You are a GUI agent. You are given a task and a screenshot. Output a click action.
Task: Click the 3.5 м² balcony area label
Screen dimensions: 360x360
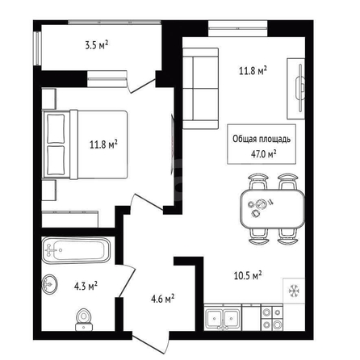(97, 45)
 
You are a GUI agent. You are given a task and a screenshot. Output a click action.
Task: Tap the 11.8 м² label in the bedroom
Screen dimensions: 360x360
(103, 144)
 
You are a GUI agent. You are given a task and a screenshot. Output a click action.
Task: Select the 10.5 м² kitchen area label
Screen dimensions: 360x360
(248, 275)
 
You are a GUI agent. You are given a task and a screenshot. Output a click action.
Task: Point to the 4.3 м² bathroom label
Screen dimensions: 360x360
(86, 286)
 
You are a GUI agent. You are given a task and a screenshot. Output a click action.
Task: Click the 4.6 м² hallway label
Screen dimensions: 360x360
(163, 299)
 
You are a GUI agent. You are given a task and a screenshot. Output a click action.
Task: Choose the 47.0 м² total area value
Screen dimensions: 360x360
(264, 154)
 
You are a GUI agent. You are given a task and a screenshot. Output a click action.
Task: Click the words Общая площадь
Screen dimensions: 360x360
(262, 139)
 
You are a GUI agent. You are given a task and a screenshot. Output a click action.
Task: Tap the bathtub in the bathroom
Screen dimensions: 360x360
(76, 250)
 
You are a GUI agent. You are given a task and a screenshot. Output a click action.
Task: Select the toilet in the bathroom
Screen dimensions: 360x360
(84, 320)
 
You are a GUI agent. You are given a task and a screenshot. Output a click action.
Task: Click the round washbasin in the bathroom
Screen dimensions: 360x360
(50, 283)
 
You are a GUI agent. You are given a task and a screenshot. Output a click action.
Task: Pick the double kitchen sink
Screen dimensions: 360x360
(223, 318)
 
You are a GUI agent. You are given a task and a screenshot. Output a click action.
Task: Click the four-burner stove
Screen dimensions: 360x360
(272, 318)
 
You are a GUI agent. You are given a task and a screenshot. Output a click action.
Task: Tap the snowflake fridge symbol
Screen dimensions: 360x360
(294, 291)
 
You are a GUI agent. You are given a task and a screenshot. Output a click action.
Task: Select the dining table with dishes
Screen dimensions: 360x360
(272, 209)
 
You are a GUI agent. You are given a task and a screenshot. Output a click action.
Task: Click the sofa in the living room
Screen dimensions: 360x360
(200, 89)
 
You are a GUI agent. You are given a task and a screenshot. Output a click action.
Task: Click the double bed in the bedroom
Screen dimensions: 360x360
(85, 144)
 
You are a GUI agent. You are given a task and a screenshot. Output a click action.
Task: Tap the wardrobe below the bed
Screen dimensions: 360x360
(70, 220)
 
